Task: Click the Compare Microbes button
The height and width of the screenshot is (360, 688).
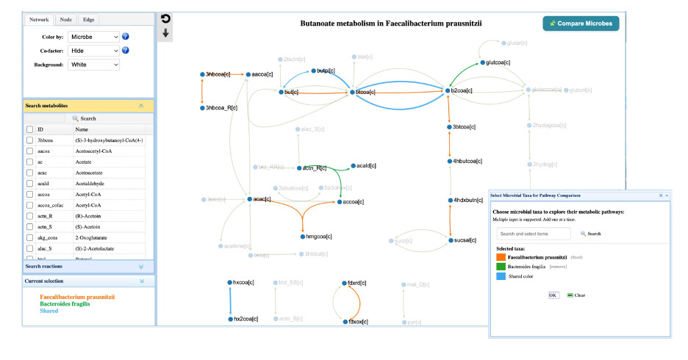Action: click(x=581, y=24)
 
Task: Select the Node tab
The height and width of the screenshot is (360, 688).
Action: click(x=65, y=20)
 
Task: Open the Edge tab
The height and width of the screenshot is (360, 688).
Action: click(x=88, y=20)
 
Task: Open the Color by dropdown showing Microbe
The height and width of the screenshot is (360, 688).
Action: click(x=93, y=37)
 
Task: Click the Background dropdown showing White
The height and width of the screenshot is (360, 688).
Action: click(x=93, y=65)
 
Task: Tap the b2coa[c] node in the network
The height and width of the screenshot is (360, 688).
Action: click(x=448, y=90)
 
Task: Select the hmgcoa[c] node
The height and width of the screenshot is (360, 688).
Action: click(x=301, y=237)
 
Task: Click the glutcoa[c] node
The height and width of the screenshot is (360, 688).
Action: click(x=482, y=62)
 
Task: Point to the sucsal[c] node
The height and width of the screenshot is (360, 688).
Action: click(x=451, y=240)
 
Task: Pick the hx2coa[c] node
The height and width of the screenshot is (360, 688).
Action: click(x=230, y=319)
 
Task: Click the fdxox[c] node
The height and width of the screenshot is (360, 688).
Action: click(x=344, y=322)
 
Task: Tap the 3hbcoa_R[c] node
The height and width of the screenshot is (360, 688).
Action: click(x=202, y=108)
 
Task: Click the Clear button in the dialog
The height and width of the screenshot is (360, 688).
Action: click(x=576, y=295)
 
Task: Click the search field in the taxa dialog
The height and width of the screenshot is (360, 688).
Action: click(x=533, y=234)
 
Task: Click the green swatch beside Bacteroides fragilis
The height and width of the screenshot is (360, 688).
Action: click(x=501, y=267)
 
